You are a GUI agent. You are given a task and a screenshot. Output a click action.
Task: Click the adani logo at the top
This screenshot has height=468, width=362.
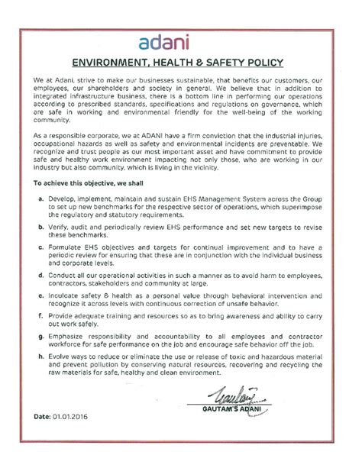tap(181, 41)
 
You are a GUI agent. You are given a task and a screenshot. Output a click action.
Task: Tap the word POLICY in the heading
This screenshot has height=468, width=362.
tap(262, 63)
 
